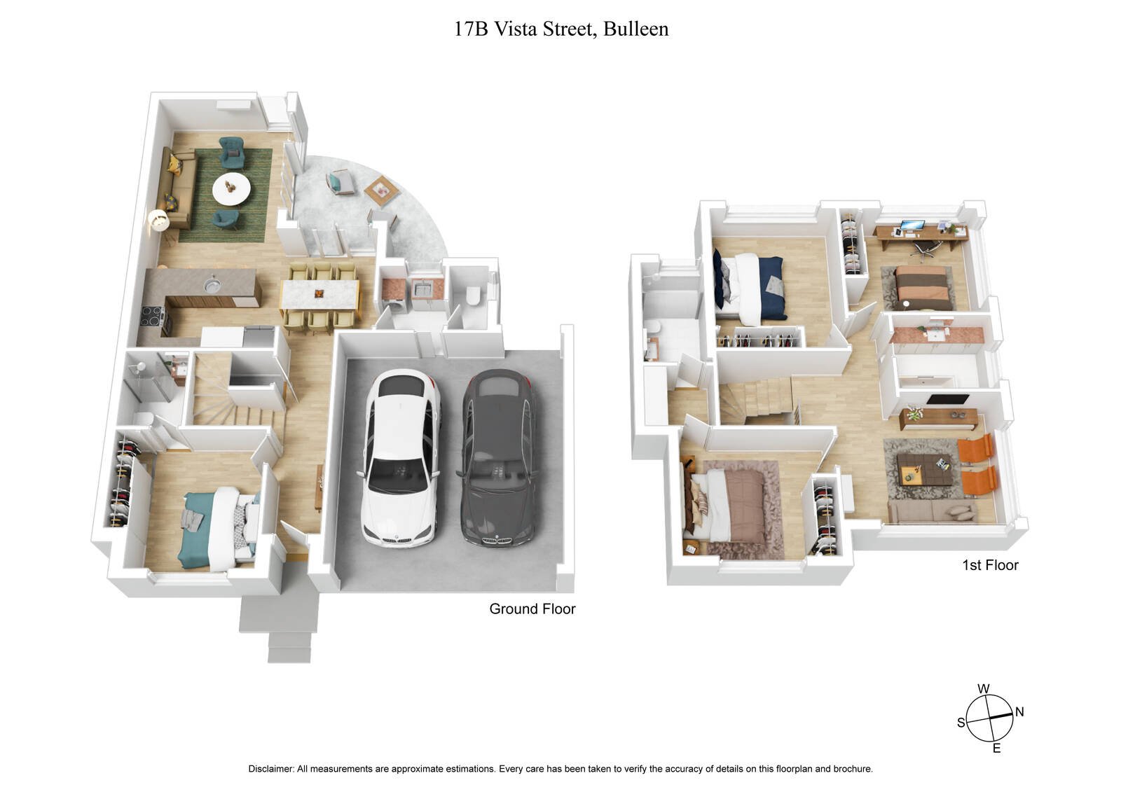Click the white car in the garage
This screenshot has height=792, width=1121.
pyautogui.click(x=399, y=459)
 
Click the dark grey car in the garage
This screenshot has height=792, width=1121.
pyautogui.click(x=499, y=459)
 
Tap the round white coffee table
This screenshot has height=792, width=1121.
pyautogui.click(x=231, y=188)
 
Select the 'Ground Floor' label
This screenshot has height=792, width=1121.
pyautogui.click(x=532, y=609)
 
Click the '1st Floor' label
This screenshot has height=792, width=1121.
pyautogui.click(x=989, y=565)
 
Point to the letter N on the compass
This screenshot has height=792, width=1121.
pyautogui.click(x=1019, y=712)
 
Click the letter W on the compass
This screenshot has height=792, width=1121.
pyautogui.click(x=984, y=688)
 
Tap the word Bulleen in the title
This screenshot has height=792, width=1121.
pyautogui.click(x=635, y=29)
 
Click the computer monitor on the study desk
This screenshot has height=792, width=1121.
pyautogui.click(x=912, y=226)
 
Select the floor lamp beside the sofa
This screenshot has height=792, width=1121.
pyautogui.click(x=159, y=222)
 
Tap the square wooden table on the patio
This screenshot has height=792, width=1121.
pyautogui.click(x=381, y=189)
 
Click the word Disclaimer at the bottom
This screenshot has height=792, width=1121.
pyautogui.click(x=270, y=769)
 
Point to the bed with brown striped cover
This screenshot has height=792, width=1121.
pyautogui.click(x=923, y=286)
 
